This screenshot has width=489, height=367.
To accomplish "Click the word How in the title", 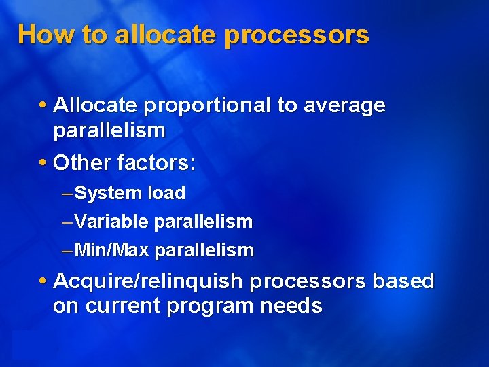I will click(40, 34).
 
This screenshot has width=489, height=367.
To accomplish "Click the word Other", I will click(82, 162).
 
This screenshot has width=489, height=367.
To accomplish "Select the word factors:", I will click(157, 162).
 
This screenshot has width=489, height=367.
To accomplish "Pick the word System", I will click(109, 194).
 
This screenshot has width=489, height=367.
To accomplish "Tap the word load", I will click(167, 194).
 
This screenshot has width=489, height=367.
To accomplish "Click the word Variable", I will click(112, 222).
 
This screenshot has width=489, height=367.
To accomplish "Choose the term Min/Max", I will click(112, 251).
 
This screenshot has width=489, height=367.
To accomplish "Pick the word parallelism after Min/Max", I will click(204, 251).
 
